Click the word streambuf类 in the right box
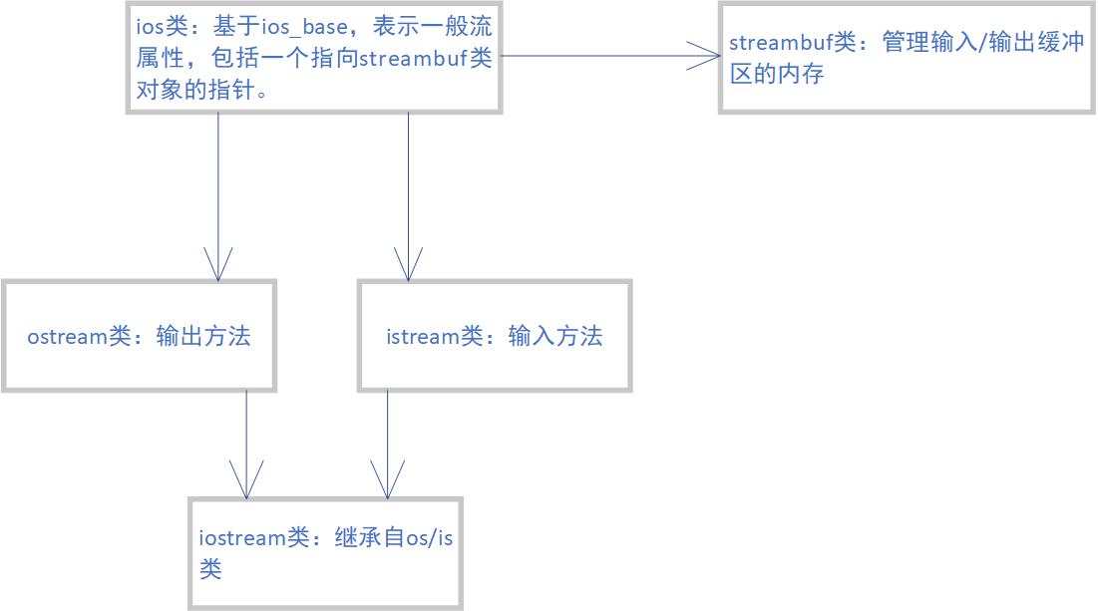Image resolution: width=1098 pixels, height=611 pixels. coord(793,44)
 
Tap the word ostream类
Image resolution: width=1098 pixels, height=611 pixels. coord(80,336)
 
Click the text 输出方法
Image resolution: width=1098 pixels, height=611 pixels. coord(203,336)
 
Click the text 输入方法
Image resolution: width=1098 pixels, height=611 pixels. coord(555,336)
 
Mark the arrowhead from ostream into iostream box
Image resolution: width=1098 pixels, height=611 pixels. coord(246,480)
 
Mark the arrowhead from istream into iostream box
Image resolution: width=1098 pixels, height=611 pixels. coord(388,480)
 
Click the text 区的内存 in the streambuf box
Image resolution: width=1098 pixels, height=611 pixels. coord(776,74)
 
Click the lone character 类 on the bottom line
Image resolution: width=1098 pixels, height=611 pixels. coord(210,568)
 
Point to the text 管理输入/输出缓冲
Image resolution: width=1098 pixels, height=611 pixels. coord(982,44)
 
